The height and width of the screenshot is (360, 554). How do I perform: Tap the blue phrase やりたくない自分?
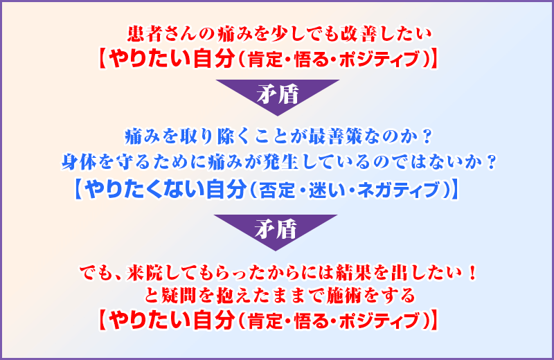coord(166,190)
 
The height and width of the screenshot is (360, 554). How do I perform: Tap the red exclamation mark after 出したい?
coord(472,273)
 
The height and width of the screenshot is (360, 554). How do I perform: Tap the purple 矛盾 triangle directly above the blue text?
coord(278,93)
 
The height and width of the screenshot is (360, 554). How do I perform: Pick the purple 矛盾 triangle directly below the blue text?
coord(276,229)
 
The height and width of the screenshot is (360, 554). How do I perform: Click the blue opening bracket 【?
coord(79,190)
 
